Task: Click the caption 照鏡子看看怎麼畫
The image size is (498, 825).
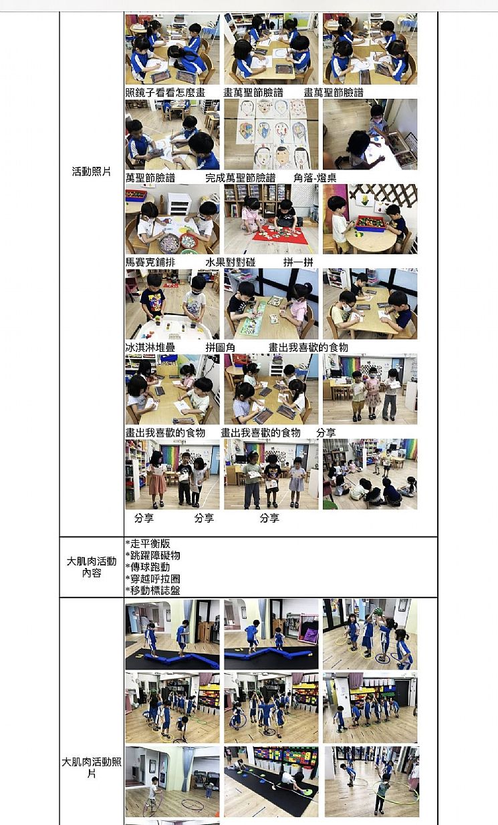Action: (165, 92)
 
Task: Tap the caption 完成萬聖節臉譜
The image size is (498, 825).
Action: (241, 178)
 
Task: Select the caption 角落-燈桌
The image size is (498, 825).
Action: (315, 178)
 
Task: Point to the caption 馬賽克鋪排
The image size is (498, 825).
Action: (150, 262)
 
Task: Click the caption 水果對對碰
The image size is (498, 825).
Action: (230, 262)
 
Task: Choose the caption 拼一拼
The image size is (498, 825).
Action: (298, 262)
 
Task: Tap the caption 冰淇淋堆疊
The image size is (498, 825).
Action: (150, 347)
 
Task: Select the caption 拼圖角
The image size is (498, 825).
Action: (220, 347)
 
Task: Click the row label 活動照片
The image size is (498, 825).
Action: (92, 172)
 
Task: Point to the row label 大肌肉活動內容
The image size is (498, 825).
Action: (92, 567)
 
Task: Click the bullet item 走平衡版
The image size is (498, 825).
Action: (148, 543)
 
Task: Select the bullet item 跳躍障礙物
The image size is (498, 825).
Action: (152, 555)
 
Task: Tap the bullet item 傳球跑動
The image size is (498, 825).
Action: (148, 567)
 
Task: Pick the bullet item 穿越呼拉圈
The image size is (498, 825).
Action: (152, 579)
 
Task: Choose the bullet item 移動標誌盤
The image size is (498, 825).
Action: (152, 591)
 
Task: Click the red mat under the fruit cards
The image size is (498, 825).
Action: (280, 235)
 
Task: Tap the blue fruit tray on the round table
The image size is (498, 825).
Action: (370, 223)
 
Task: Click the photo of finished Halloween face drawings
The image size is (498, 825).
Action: (271, 134)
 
